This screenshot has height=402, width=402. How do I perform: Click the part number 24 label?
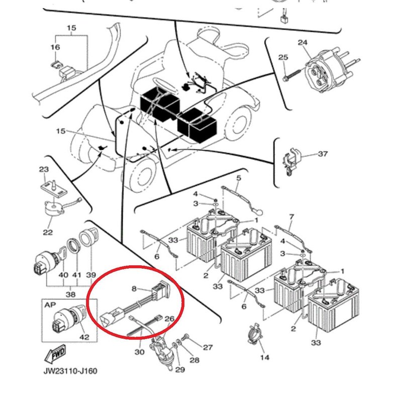[303, 43]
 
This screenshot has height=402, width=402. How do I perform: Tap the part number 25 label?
[283, 58]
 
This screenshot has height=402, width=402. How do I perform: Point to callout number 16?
[55, 47]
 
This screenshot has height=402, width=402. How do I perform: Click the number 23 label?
[44, 170]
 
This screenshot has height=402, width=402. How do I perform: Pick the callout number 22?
[47, 232]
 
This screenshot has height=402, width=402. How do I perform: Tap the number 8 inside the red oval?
[135, 288]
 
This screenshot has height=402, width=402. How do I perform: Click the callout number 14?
[265, 357]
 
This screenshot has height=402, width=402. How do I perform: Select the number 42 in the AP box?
[84, 337]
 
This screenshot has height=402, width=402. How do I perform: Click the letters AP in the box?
[50, 305]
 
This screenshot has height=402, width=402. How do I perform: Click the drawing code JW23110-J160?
[70, 371]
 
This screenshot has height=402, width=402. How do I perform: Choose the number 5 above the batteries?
[239, 178]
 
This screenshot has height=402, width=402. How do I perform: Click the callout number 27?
[208, 347]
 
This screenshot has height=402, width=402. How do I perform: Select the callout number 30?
[139, 352]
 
